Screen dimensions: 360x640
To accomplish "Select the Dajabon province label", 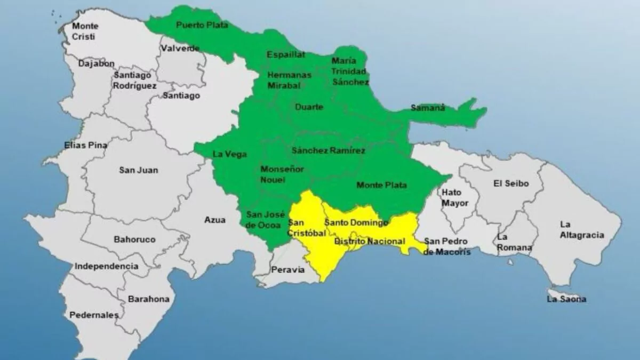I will [97, 63].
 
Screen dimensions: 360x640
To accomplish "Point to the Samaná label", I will [428, 108].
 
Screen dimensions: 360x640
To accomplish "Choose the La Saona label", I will [566, 299].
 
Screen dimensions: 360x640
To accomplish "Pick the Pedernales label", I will [94, 315].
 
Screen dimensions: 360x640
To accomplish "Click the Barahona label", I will [148, 299].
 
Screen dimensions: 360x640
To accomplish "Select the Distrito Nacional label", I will [370, 242].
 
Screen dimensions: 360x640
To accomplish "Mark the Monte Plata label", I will [381, 185].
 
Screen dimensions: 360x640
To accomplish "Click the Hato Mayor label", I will [455, 197].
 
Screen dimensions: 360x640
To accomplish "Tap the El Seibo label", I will [511, 183].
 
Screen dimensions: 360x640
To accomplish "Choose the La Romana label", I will [514, 242].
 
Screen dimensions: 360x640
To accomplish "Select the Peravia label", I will [288, 270].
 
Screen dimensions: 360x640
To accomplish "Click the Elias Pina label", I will [85, 145].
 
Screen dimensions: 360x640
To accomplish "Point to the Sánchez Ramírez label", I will [329, 151].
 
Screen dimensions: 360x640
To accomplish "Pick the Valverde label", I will [180, 49].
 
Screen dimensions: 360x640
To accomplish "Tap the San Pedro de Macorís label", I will [447, 247].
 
